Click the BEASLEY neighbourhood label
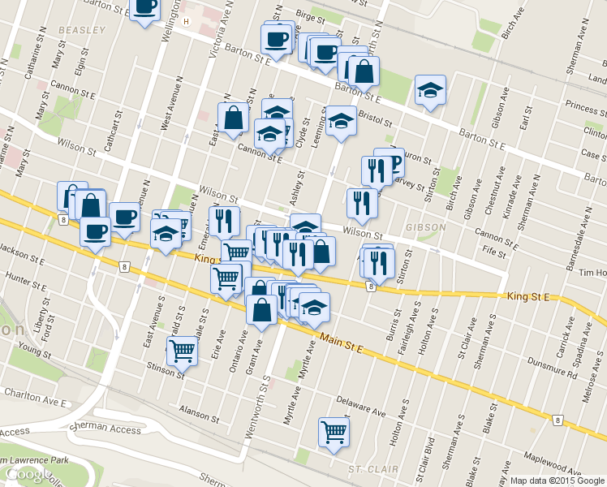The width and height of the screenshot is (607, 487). coord(82,30)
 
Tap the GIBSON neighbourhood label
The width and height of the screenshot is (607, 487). coord(427,226)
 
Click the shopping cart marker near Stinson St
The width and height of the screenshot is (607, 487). coord(183,351)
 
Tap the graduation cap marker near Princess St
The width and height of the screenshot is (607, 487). coord(430,90)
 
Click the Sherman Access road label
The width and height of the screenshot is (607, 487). coord(105,427)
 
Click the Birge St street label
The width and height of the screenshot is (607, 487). coord(310,15)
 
